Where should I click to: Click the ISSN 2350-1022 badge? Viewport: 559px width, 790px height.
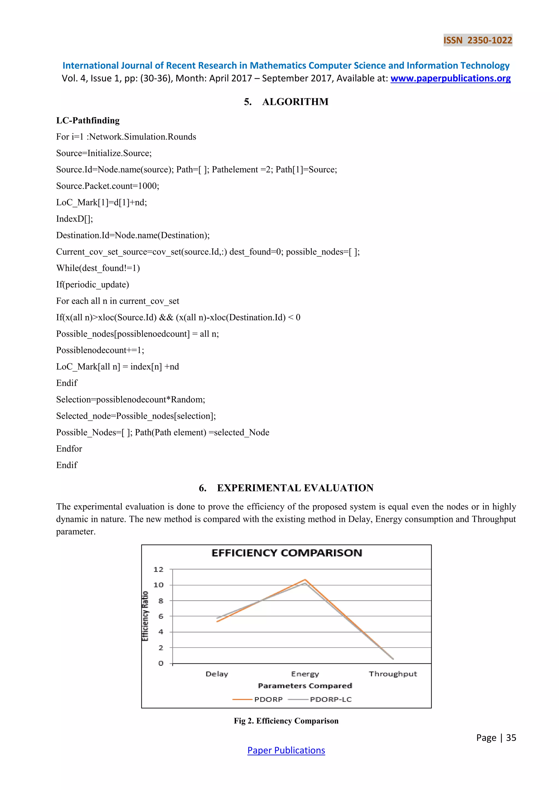pos(477,40)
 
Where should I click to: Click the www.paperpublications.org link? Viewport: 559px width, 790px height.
pos(450,79)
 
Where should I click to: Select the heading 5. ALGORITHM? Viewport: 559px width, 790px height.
pos(286,102)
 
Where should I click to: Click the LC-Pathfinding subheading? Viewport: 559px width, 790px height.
pos(88,120)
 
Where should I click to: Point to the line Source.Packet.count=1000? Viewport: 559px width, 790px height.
pos(107,186)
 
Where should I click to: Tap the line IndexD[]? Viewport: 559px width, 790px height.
pos(74,219)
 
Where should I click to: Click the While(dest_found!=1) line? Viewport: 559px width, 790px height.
pos(98,268)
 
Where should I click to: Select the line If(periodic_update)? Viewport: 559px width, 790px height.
pos(92,285)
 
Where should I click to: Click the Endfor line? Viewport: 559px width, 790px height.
pos(69,449)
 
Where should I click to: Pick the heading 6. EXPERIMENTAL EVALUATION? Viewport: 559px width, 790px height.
pos(286,488)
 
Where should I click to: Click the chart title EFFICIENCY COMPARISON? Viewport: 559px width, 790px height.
pos(286,553)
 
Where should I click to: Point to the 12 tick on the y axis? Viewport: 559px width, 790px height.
pos(158,569)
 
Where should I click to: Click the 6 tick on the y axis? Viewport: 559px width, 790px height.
pos(160,616)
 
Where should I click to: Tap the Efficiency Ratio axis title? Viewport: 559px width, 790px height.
pos(145,616)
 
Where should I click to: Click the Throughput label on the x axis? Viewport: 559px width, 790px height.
pos(393,674)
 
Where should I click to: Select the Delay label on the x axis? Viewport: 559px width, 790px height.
pos(217,674)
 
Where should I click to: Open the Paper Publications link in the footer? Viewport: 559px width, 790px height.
pos(286,750)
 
